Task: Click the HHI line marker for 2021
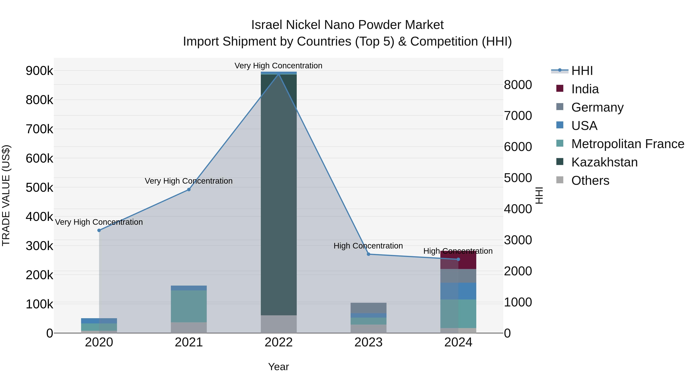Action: click(x=189, y=190)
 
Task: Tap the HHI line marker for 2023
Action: click(x=369, y=254)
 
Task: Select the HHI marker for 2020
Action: click(x=99, y=230)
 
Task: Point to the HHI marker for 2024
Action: click(x=458, y=259)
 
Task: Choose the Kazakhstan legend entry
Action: click(x=604, y=162)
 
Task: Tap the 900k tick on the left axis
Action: click(x=39, y=71)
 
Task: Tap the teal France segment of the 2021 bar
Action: click(x=189, y=306)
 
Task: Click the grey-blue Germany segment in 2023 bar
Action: click(x=369, y=308)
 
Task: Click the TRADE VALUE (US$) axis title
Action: click(x=6, y=195)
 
